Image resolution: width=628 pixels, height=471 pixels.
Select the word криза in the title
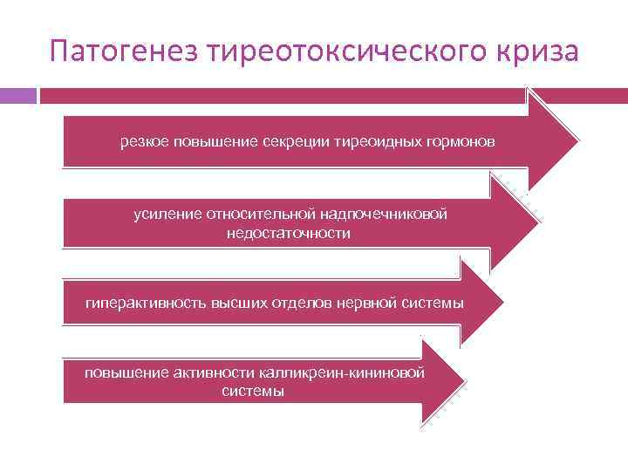tap(540, 50)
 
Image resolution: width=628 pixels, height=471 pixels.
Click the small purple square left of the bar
tap(17, 94)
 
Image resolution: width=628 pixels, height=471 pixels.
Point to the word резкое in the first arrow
tap(145, 140)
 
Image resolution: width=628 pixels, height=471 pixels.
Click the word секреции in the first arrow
tap(297, 140)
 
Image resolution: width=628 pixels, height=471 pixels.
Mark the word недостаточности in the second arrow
tap(289, 233)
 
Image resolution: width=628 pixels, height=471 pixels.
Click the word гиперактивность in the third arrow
tap(140, 303)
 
